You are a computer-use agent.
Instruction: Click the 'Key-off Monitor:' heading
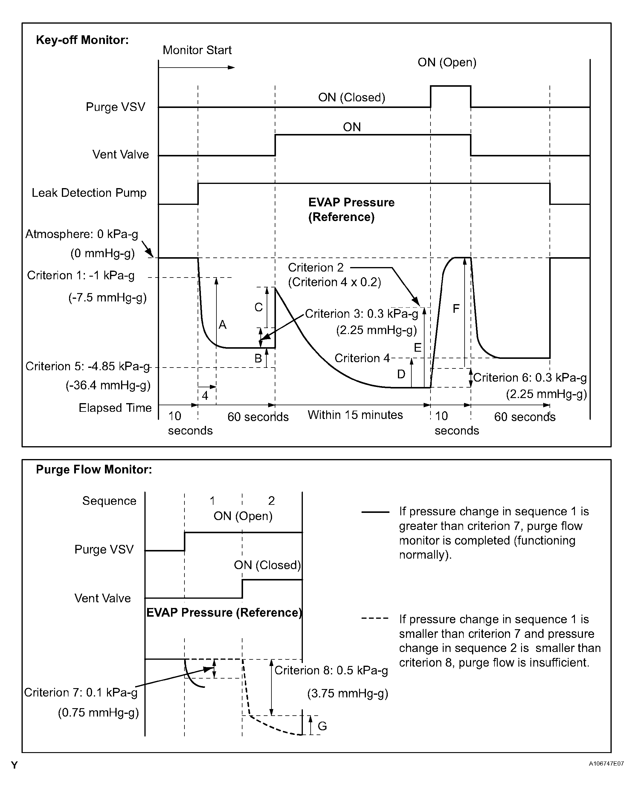click(82, 40)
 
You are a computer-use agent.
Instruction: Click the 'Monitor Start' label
click(197, 50)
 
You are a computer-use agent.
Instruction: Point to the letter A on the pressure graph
click(222, 325)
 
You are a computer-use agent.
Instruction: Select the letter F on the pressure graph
click(456, 309)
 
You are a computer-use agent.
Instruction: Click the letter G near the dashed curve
click(322, 726)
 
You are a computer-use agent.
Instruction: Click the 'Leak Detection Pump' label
click(89, 193)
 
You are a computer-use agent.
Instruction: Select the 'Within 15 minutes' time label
click(355, 415)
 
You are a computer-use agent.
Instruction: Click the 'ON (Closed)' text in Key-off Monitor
click(352, 97)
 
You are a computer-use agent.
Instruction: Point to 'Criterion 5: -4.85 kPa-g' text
click(88, 367)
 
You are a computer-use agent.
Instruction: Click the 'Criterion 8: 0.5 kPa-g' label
click(331, 671)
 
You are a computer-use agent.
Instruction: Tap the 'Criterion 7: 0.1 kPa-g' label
click(81, 692)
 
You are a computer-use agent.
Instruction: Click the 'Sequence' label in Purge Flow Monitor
click(109, 501)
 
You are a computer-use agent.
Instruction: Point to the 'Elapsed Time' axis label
click(115, 408)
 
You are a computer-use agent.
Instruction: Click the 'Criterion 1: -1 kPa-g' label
click(81, 275)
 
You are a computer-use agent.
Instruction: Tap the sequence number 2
click(271, 501)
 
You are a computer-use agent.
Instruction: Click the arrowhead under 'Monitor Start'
click(231, 68)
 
